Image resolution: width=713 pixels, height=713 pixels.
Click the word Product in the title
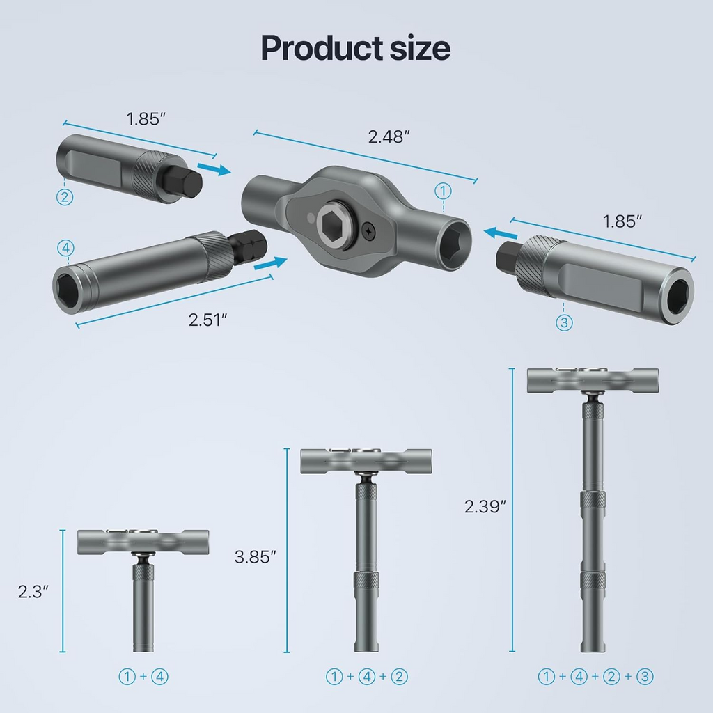pos(312,48)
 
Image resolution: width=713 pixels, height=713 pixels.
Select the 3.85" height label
pos(256,557)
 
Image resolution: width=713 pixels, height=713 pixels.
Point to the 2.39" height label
pos(484,506)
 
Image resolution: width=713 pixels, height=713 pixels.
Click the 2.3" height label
pos(34,592)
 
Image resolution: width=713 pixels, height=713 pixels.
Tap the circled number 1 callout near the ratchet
pos(443,190)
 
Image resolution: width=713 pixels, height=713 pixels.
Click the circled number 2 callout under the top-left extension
pos(64,197)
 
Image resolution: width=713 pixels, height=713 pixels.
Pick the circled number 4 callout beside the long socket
pos(64,248)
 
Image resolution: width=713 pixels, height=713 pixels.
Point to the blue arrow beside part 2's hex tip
pos(213,169)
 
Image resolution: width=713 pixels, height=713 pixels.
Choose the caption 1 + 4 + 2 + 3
pos(595,676)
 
